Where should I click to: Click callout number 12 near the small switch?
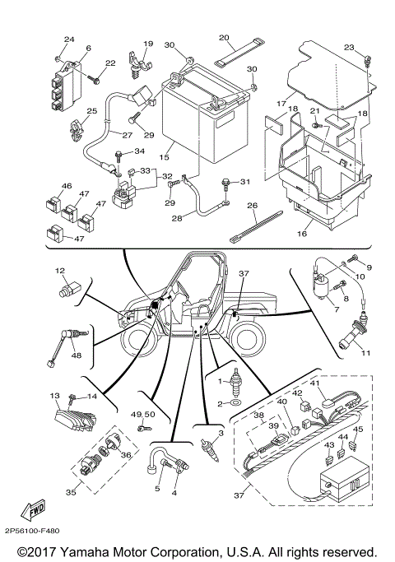(60, 270)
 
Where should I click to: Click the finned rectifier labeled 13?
(76, 416)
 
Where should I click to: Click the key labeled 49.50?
(146, 428)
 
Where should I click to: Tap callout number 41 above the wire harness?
(314, 383)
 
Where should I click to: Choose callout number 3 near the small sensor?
(220, 432)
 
